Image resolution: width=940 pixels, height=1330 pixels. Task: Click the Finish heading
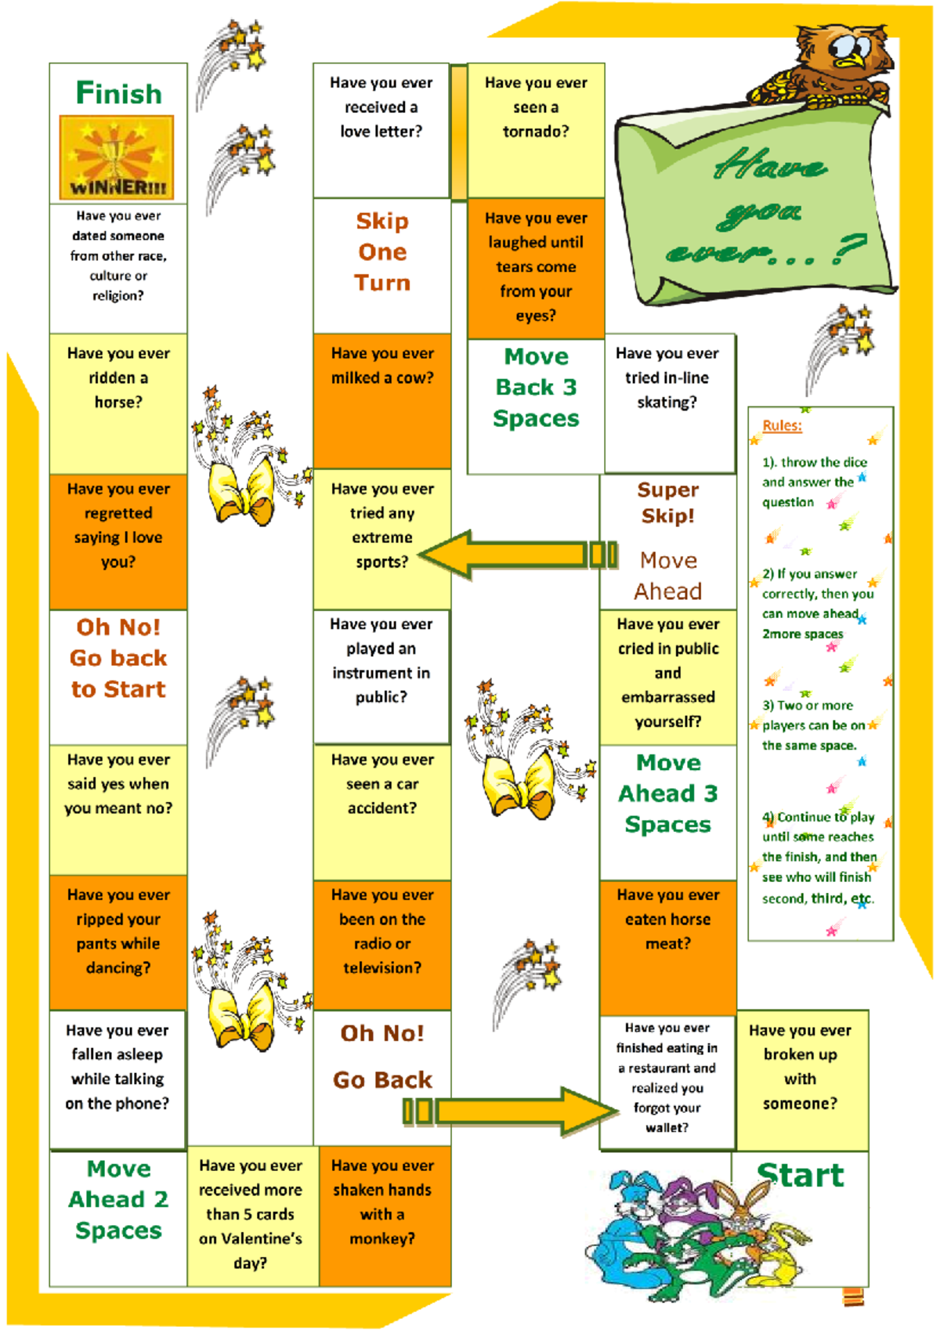click(119, 93)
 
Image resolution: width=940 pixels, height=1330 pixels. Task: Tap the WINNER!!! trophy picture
click(117, 157)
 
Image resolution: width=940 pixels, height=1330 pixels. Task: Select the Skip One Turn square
click(381, 266)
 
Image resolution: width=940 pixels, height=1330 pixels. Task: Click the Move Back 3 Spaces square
click(536, 406)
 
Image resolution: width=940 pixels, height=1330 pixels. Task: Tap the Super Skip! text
click(668, 502)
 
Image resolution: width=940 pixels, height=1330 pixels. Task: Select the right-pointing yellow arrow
click(511, 1111)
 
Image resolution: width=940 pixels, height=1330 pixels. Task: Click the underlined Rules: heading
click(782, 425)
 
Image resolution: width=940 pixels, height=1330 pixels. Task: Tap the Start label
click(801, 1175)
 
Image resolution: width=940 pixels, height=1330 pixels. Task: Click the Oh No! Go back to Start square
click(118, 677)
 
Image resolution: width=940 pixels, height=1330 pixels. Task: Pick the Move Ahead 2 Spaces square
click(118, 1218)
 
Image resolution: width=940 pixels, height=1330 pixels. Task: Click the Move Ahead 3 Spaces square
click(668, 812)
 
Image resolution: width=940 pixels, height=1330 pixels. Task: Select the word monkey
click(381, 1238)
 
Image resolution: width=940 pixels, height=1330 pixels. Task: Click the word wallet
click(666, 1127)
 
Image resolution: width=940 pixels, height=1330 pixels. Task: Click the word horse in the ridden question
click(118, 402)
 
